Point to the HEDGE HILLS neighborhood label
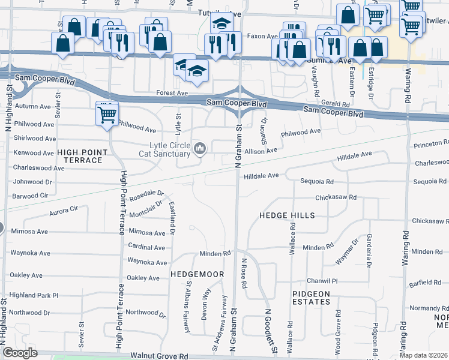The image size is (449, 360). pos(287,215)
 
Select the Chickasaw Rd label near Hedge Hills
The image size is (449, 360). pos(336,197)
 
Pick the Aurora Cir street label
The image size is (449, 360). pos(64,209)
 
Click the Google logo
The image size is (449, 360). pos(20,353)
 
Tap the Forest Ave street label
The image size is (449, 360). pos(172,93)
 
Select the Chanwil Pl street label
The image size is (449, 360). pos(323,280)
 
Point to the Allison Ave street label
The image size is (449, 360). pos(261,151)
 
